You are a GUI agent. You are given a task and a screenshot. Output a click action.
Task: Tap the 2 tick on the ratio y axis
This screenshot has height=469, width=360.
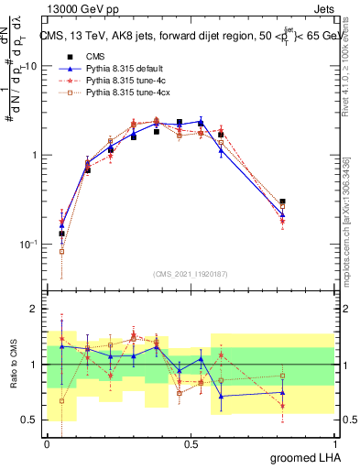[38, 310]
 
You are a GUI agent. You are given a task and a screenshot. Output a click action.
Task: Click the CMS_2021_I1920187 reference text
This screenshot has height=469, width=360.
[190, 273]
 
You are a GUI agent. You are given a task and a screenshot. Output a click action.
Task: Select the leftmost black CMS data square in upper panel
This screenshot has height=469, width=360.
[61, 234]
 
